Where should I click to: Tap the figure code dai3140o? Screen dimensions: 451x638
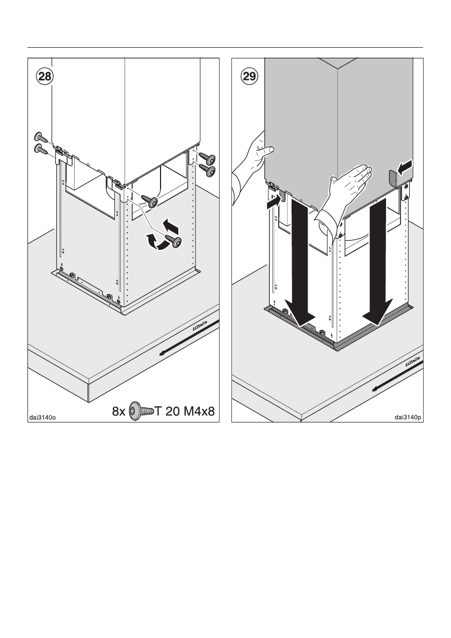43,414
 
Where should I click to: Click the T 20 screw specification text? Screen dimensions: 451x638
167,412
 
